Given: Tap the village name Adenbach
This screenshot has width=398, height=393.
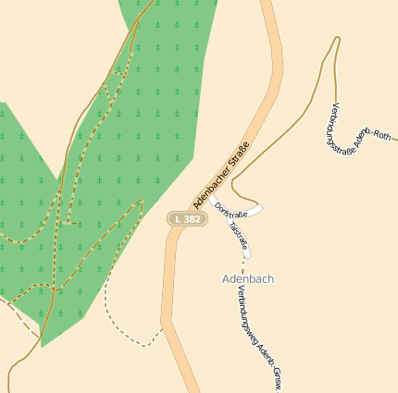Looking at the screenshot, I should tap(248, 278).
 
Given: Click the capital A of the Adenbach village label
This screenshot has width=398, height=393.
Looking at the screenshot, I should tap(227, 278).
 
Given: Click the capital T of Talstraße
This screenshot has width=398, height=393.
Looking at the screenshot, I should tap(230, 225).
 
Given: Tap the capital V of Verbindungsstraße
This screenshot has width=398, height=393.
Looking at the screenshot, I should tap(334, 105).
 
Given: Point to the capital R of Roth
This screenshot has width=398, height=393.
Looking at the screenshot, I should tap(380, 136).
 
